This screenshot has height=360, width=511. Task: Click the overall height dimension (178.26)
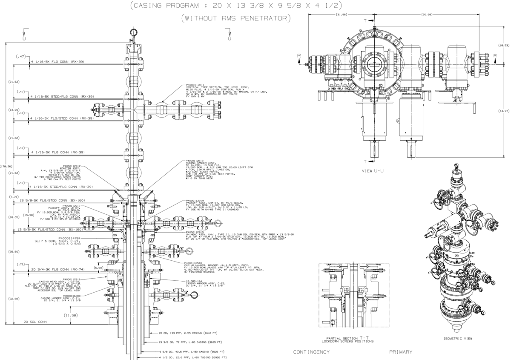coord(7,166)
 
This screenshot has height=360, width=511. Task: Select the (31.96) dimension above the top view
coord(341,14)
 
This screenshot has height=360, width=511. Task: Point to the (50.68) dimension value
coord(426,14)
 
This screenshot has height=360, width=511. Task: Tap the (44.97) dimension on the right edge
coord(504,111)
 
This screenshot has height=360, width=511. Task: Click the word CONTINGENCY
coord(311,352)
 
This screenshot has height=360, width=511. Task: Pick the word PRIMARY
coord(401,352)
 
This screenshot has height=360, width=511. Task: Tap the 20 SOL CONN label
coord(35,322)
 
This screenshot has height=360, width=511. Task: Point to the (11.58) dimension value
coord(71,315)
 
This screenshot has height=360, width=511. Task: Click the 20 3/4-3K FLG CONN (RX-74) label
coord(57,269)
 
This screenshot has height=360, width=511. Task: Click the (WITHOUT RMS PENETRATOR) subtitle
coord(235,18)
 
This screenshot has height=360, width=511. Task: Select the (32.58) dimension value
coord(14,299)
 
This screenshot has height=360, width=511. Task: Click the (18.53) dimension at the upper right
coord(504,45)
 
